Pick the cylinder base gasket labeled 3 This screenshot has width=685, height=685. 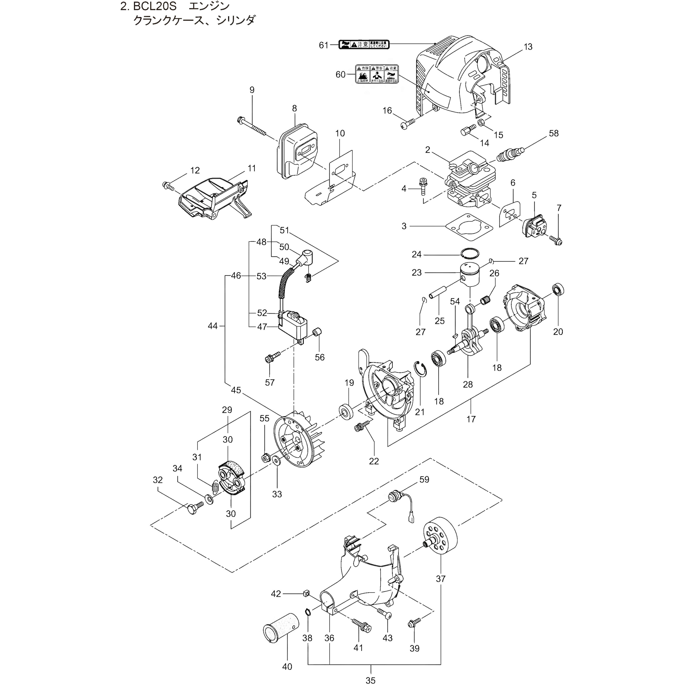coord(469,227)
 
